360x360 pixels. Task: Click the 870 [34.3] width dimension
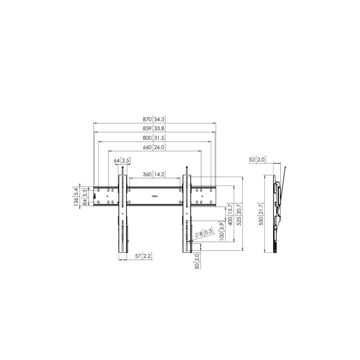(154, 120)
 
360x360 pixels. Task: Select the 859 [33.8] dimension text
(154, 129)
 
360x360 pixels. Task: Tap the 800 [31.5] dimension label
(154, 138)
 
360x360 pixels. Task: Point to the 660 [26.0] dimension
(154, 147)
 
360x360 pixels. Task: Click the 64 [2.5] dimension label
(122, 161)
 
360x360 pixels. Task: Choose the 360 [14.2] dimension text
(154, 174)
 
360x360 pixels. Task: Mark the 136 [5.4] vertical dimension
(76, 196)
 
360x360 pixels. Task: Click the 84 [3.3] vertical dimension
(85, 197)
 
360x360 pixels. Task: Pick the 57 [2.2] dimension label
(144, 256)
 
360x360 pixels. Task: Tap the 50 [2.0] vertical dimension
(197, 261)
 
